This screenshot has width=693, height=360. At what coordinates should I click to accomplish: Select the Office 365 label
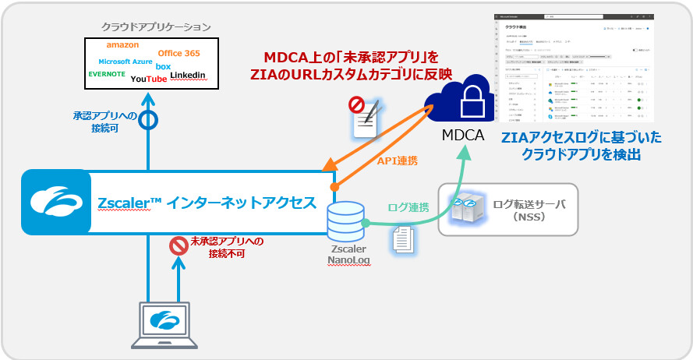pyautogui.click(x=179, y=53)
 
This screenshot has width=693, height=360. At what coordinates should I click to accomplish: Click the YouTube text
pyautogui.click(x=148, y=79)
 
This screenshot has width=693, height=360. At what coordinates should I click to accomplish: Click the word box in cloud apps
pyautogui.click(x=163, y=67)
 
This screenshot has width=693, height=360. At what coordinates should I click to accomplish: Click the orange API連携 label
pyautogui.click(x=397, y=161)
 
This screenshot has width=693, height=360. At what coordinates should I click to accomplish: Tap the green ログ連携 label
pyautogui.click(x=408, y=207)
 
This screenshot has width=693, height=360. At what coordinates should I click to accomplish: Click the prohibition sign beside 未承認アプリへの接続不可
pyautogui.click(x=179, y=247)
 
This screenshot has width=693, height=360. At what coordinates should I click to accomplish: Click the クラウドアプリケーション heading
pyautogui.click(x=156, y=26)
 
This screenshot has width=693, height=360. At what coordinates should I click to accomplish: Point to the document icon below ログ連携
pyautogui.click(x=402, y=238)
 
